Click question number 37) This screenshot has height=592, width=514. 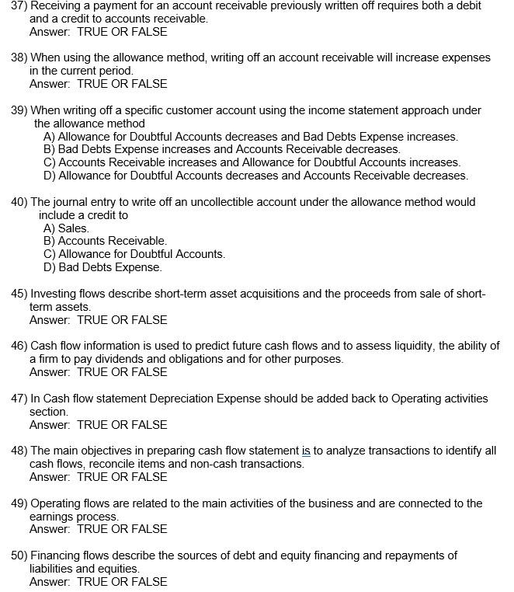[x=19, y=5]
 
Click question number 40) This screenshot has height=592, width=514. [x=19, y=202]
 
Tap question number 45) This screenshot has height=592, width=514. [x=19, y=294]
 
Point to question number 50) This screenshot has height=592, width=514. [x=19, y=555]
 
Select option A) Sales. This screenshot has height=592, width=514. [x=66, y=228]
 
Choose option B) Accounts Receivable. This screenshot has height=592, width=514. [x=105, y=241]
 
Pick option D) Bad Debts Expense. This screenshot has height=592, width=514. [x=102, y=267]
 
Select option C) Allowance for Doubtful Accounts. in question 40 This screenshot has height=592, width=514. [x=134, y=254]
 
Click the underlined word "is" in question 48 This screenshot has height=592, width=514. [x=306, y=451]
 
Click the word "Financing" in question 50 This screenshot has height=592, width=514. [x=57, y=555]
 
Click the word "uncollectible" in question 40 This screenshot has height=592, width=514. [x=240, y=202]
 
